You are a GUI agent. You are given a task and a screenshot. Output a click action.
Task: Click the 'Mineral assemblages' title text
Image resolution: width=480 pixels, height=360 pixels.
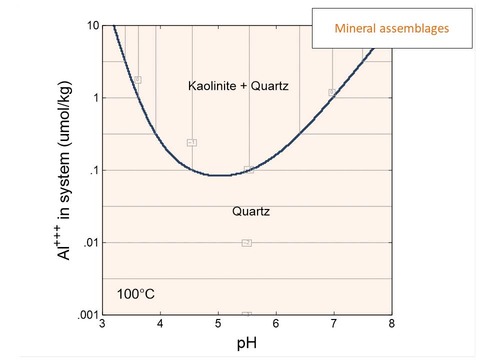point(392,28)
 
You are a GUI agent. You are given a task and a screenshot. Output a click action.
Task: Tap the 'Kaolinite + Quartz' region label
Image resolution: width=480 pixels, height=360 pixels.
point(238,86)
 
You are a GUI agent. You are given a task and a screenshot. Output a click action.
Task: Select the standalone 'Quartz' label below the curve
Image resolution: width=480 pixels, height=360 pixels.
point(251,211)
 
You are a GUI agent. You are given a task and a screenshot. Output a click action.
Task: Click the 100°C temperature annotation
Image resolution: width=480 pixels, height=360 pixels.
point(135,294)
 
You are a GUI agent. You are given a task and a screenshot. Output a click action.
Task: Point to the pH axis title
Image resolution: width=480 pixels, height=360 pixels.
point(247,343)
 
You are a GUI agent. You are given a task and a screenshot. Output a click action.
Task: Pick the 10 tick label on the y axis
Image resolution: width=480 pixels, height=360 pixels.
point(93,25)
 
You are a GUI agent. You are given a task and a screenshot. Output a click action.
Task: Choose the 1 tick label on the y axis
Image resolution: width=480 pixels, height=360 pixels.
point(95,98)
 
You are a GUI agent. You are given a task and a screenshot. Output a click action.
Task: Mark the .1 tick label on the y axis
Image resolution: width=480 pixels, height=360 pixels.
point(94,170)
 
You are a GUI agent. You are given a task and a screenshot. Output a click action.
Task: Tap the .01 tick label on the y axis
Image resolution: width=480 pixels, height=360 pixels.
point(91,243)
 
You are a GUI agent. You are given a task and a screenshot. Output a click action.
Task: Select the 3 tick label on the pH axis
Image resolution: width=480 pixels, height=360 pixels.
point(102,324)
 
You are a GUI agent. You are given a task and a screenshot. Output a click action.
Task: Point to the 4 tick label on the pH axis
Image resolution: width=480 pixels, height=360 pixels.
point(160,324)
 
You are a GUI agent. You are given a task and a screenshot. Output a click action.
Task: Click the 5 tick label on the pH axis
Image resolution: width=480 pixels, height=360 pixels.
point(218,324)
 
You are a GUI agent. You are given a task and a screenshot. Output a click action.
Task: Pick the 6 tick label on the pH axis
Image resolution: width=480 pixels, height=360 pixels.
point(276,324)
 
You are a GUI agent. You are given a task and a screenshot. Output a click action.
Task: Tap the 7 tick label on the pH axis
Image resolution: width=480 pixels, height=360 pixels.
point(334,324)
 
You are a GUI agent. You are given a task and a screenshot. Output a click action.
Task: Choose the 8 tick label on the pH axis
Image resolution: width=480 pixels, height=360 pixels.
point(392,324)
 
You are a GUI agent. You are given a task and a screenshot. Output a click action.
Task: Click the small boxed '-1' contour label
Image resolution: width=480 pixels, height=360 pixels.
point(191,142)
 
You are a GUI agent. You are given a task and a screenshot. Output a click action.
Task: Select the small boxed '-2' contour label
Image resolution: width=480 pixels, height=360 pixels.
point(246,243)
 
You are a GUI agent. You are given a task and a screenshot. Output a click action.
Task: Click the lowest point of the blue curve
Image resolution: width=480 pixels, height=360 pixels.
point(220,175)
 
